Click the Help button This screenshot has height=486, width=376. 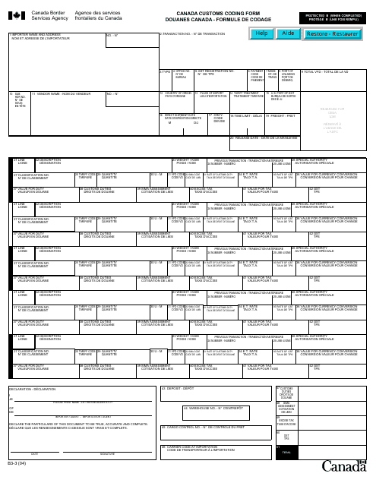coord(262,34)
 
